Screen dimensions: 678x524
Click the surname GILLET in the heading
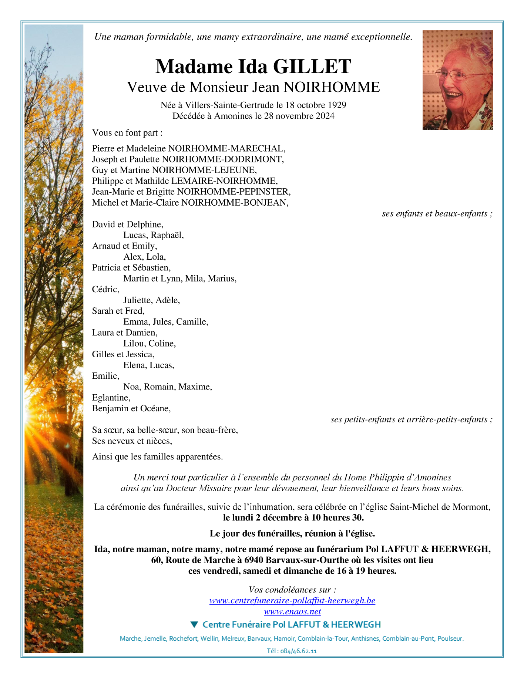[312, 67]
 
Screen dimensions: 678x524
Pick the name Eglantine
[111, 398]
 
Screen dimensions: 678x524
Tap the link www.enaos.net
[292, 612]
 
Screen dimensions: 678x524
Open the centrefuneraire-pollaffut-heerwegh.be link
[292, 601]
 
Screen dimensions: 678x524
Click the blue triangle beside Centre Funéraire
[194, 625]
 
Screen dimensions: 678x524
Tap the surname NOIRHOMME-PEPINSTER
[234, 192]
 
